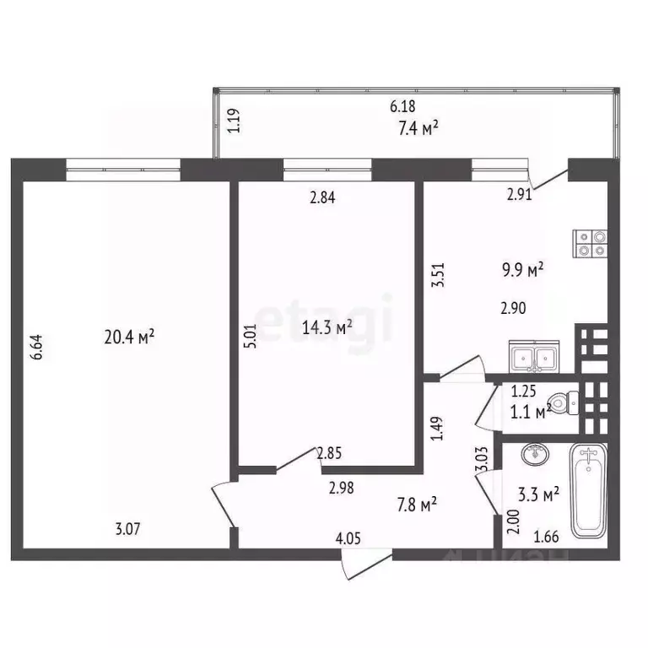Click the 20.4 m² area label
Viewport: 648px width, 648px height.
[x=129, y=337]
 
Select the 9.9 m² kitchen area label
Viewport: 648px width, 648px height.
[x=522, y=270]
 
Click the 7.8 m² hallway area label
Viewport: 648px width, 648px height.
[x=417, y=505]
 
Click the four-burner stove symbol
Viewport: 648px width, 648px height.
[x=590, y=242]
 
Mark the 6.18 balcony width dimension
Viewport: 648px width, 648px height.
[x=403, y=107]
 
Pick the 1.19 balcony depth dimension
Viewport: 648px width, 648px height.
[x=237, y=123]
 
